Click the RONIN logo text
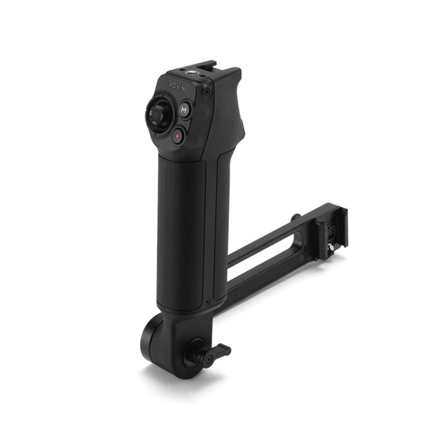point(176,86)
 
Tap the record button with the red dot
point(178,136)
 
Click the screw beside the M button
point(206,92)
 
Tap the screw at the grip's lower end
point(207,301)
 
